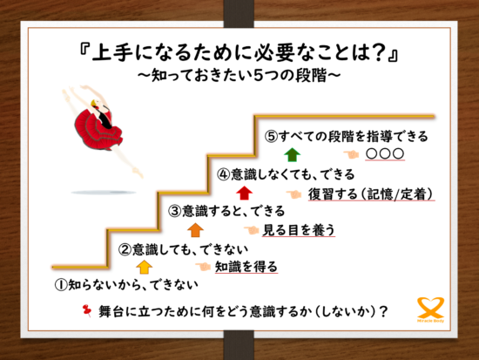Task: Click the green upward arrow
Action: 293,155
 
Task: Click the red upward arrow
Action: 244,193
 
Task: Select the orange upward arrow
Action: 195,230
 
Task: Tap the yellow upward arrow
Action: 145,267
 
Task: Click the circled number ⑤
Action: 272,137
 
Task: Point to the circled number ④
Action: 223,174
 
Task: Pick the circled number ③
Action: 175,211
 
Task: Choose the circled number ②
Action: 125,250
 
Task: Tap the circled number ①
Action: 61,285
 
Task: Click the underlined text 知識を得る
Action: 246,267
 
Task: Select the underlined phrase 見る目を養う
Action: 299,230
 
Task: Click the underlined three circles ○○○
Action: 385,154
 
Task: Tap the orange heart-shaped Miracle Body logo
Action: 430,309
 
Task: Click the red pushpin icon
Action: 87,310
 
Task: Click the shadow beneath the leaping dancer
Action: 104,193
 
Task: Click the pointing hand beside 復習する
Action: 293,194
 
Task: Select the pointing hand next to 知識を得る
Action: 203,267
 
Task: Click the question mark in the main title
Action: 379,52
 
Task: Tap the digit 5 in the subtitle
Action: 258,75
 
